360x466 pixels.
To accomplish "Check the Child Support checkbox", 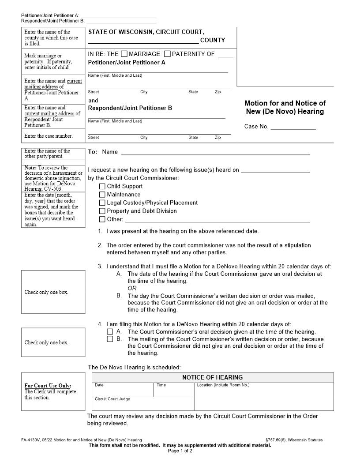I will tap(102, 186).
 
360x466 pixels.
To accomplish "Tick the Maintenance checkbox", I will tap(102, 195).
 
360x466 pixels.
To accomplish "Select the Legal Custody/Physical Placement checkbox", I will tap(102, 203).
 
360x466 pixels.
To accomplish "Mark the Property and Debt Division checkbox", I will tap(102, 211).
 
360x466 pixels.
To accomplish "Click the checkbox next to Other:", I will tap(102, 219).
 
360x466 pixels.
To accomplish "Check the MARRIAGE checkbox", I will tap(124, 54).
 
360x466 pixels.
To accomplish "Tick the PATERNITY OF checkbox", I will tap(167, 54).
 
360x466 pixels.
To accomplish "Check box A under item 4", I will tap(110, 331).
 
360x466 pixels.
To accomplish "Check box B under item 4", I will tap(110, 339).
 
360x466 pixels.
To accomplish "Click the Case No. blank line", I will tap(293, 127).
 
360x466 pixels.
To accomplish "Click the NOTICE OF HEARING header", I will tap(212, 377).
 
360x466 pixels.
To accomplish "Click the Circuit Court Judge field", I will tap(142, 405).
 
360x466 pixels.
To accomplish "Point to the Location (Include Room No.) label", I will tap(223, 385).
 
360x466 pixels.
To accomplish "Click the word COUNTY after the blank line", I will tap(212, 40).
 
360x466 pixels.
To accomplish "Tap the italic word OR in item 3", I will tap(132, 288).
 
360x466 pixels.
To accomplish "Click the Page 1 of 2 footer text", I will tap(180, 451).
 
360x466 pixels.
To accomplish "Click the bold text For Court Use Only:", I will tap(48, 386).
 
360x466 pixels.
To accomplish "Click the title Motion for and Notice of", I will tap(285, 103).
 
